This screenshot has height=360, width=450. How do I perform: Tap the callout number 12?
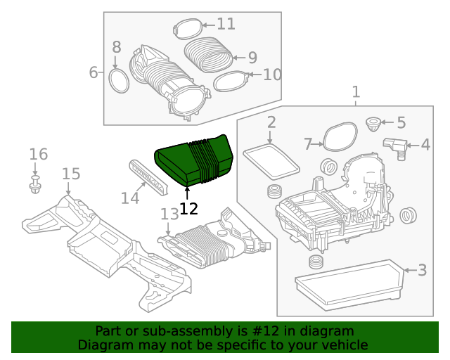tap(188, 208)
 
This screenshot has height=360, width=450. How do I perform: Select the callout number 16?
tap(38, 154)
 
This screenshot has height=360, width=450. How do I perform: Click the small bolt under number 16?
tap(35, 186)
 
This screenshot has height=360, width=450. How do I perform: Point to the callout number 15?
tap(71, 174)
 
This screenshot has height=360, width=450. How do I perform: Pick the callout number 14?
tap(129, 198)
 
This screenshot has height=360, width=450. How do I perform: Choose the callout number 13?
tap(169, 213)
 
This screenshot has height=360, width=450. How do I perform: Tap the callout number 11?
tap(226, 24)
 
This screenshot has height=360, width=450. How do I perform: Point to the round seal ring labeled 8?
tap(119, 80)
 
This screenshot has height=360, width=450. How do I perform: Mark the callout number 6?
tap(93, 72)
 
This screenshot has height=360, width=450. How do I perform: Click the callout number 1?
tap(356, 91)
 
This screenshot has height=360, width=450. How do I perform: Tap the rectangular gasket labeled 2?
tap(271, 160)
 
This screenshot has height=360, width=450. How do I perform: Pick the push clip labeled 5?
tap(373, 126)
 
